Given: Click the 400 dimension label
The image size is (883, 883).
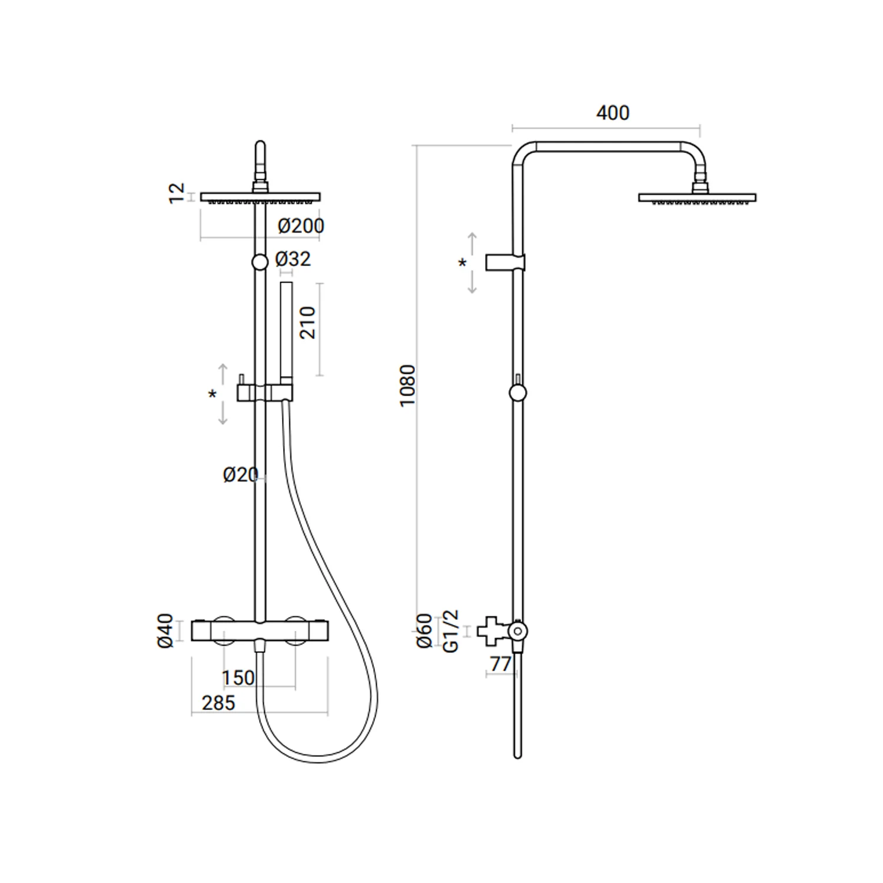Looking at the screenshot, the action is (x=612, y=112).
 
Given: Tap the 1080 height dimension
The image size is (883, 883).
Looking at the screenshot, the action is (x=407, y=385).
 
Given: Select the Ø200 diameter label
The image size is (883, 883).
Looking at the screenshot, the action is (x=301, y=225).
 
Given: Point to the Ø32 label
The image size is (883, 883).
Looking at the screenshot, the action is (x=293, y=259).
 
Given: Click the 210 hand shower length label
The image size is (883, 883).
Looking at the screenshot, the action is (x=308, y=323).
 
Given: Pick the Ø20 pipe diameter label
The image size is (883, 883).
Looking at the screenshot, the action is (x=241, y=474).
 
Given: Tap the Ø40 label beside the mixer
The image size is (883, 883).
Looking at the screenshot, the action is (x=166, y=630).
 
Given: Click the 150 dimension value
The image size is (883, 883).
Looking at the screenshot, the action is (x=238, y=678).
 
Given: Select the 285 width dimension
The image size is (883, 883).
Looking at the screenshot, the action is (x=218, y=703).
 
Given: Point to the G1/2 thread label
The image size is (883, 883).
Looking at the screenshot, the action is (x=450, y=630).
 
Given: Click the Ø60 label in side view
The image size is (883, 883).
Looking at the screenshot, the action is (x=424, y=631).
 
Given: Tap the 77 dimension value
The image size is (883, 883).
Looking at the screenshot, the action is (x=500, y=663).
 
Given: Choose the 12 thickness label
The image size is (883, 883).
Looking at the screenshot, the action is (x=177, y=194).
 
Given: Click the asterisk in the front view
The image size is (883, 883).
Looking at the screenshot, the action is (x=213, y=394).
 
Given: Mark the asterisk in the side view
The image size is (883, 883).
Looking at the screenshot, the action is (x=463, y=263).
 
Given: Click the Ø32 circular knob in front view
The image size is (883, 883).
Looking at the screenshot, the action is (x=260, y=262).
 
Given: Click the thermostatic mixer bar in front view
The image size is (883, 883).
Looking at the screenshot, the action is (x=260, y=631).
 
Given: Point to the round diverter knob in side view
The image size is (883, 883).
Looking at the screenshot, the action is (x=517, y=393).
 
